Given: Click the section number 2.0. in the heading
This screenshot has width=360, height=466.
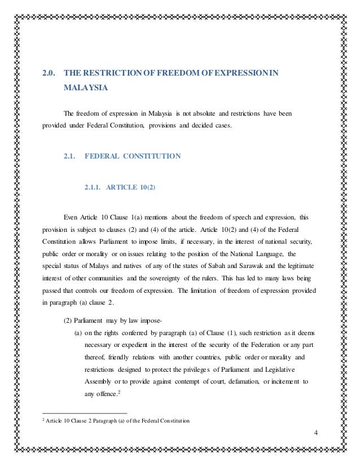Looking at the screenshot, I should click(x=51, y=73).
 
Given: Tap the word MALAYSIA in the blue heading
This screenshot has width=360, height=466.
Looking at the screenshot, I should click(x=84, y=89).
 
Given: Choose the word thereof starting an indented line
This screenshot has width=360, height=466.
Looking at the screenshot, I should click(x=96, y=357).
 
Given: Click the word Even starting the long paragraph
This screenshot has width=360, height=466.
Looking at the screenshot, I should click(x=72, y=216).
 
